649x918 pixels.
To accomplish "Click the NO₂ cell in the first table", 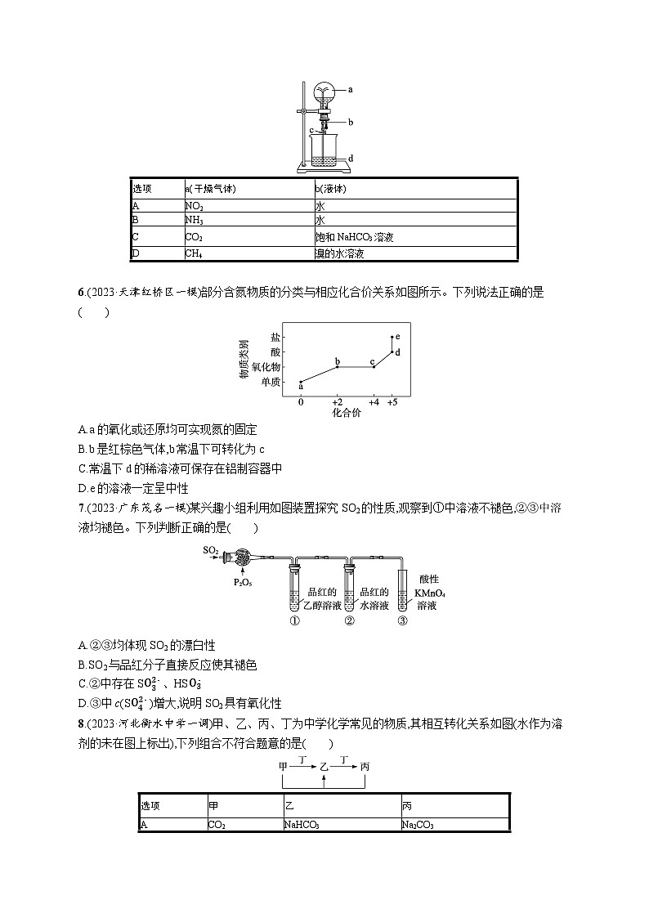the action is tap(195, 207).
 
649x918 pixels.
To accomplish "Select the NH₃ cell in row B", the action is tap(195, 222).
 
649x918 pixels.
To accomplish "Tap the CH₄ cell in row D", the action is tap(194, 253).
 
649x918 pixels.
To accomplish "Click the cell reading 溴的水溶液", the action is tap(339, 253).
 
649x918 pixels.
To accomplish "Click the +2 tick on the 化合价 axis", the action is tap(337, 402).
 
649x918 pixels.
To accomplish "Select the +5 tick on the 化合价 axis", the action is tap(393, 402).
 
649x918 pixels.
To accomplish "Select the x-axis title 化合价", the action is tap(347, 413).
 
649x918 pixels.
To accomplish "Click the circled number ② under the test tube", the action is tap(349, 620).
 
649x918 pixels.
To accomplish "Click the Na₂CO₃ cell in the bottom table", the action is tap(418, 825).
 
